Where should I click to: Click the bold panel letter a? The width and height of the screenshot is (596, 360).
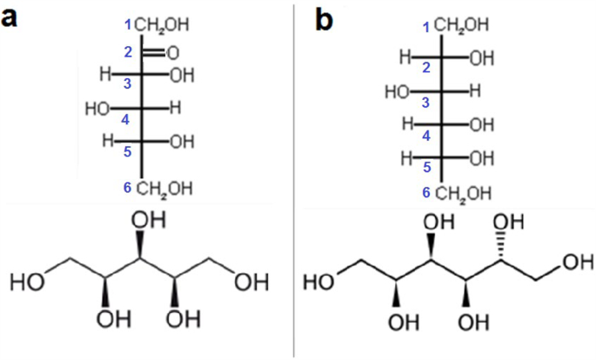click(x=13, y=18)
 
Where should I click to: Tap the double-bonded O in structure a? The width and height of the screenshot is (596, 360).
click(x=172, y=52)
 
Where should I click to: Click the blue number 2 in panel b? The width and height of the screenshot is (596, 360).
click(x=426, y=68)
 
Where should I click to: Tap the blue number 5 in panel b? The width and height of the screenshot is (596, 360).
click(x=426, y=168)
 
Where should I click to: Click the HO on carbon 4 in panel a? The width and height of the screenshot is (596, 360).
click(x=100, y=109)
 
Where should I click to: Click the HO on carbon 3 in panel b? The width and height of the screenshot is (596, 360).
click(x=396, y=90)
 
